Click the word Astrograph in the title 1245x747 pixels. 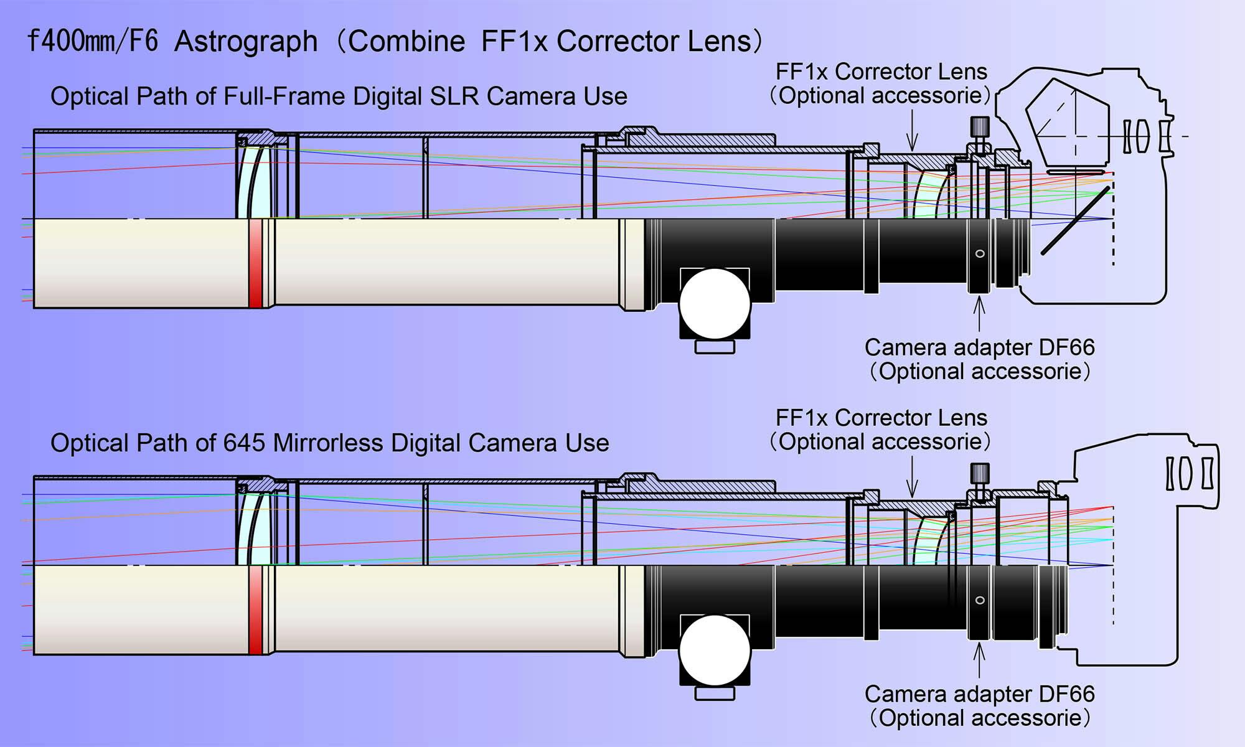tap(246, 42)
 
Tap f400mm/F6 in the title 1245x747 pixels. tap(93, 42)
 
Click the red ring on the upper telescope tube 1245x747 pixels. tap(255, 263)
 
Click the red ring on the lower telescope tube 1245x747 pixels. tap(255, 609)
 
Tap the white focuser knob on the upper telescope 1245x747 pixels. tap(715, 304)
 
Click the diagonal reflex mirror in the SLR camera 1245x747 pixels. tap(1076, 221)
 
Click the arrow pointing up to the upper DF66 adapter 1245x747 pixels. tap(980, 314)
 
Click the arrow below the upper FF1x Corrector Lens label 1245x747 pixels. tap(912, 131)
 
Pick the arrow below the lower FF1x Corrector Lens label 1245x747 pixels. tap(912, 477)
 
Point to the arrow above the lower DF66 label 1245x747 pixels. tap(980, 661)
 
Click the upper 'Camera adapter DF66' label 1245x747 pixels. tap(979, 347)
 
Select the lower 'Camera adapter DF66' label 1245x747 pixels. tap(979, 694)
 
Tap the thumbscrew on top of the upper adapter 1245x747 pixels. tap(980, 128)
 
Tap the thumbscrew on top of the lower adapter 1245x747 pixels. tap(980, 474)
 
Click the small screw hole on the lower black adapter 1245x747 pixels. tap(980, 600)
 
